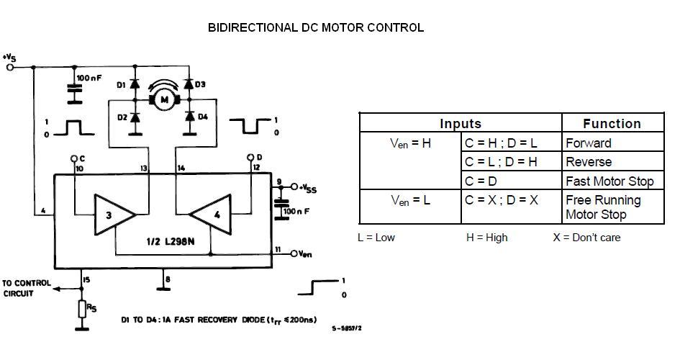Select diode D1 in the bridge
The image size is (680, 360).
[x=134, y=86]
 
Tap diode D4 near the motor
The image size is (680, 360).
[x=190, y=117]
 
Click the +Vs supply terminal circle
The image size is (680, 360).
[x=10, y=67]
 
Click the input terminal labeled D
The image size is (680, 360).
[x=250, y=157]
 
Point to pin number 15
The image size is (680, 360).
[x=87, y=279]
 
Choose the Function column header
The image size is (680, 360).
[x=612, y=123]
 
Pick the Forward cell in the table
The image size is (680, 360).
[x=589, y=143]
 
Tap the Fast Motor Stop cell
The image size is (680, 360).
[x=609, y=181]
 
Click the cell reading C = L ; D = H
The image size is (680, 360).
[x=501, y=162]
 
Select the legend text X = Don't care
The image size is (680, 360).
[x=586, y=237]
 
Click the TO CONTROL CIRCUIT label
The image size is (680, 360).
[x=27, y=288]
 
